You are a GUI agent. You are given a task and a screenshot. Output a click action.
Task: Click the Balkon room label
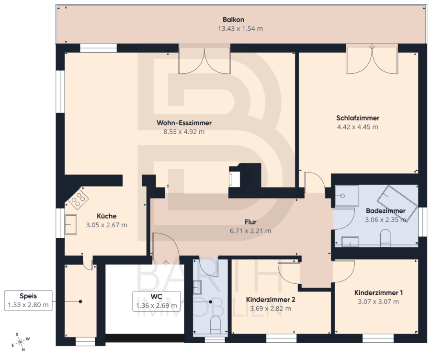pos(233,20)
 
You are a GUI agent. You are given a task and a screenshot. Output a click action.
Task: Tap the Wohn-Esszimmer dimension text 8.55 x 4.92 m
pos(184,131)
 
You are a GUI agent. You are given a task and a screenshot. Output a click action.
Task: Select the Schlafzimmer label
pos(358,118)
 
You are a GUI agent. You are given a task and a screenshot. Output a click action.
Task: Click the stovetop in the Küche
pos(79,198)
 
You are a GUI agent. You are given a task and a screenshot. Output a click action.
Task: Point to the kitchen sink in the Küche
pos(71,224)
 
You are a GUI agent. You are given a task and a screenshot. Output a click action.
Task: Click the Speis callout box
pos(28,301)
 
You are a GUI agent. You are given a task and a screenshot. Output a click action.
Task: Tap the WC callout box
pos(157,301)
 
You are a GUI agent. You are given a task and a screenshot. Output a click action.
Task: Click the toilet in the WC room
pos(215,325)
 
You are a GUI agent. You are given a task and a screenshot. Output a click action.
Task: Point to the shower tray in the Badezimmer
pos(347,196)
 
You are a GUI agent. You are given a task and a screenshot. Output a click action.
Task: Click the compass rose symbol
pos(20,342)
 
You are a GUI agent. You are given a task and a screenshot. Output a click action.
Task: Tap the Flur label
pos(250,222)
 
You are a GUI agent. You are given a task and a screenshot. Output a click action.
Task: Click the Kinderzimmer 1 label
pos(378,292)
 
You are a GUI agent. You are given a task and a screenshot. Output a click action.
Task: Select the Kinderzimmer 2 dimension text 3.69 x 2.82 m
pos(271,309)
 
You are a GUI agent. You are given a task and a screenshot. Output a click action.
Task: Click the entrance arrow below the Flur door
pos(166,263)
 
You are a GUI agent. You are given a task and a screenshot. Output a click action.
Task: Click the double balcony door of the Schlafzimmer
pos(372,59)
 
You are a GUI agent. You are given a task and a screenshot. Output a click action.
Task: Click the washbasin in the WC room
pos(197,287)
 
